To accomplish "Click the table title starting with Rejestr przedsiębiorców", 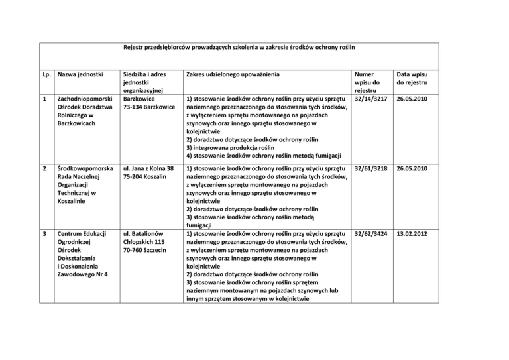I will (239, 48).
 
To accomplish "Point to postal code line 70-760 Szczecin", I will (148, 253).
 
